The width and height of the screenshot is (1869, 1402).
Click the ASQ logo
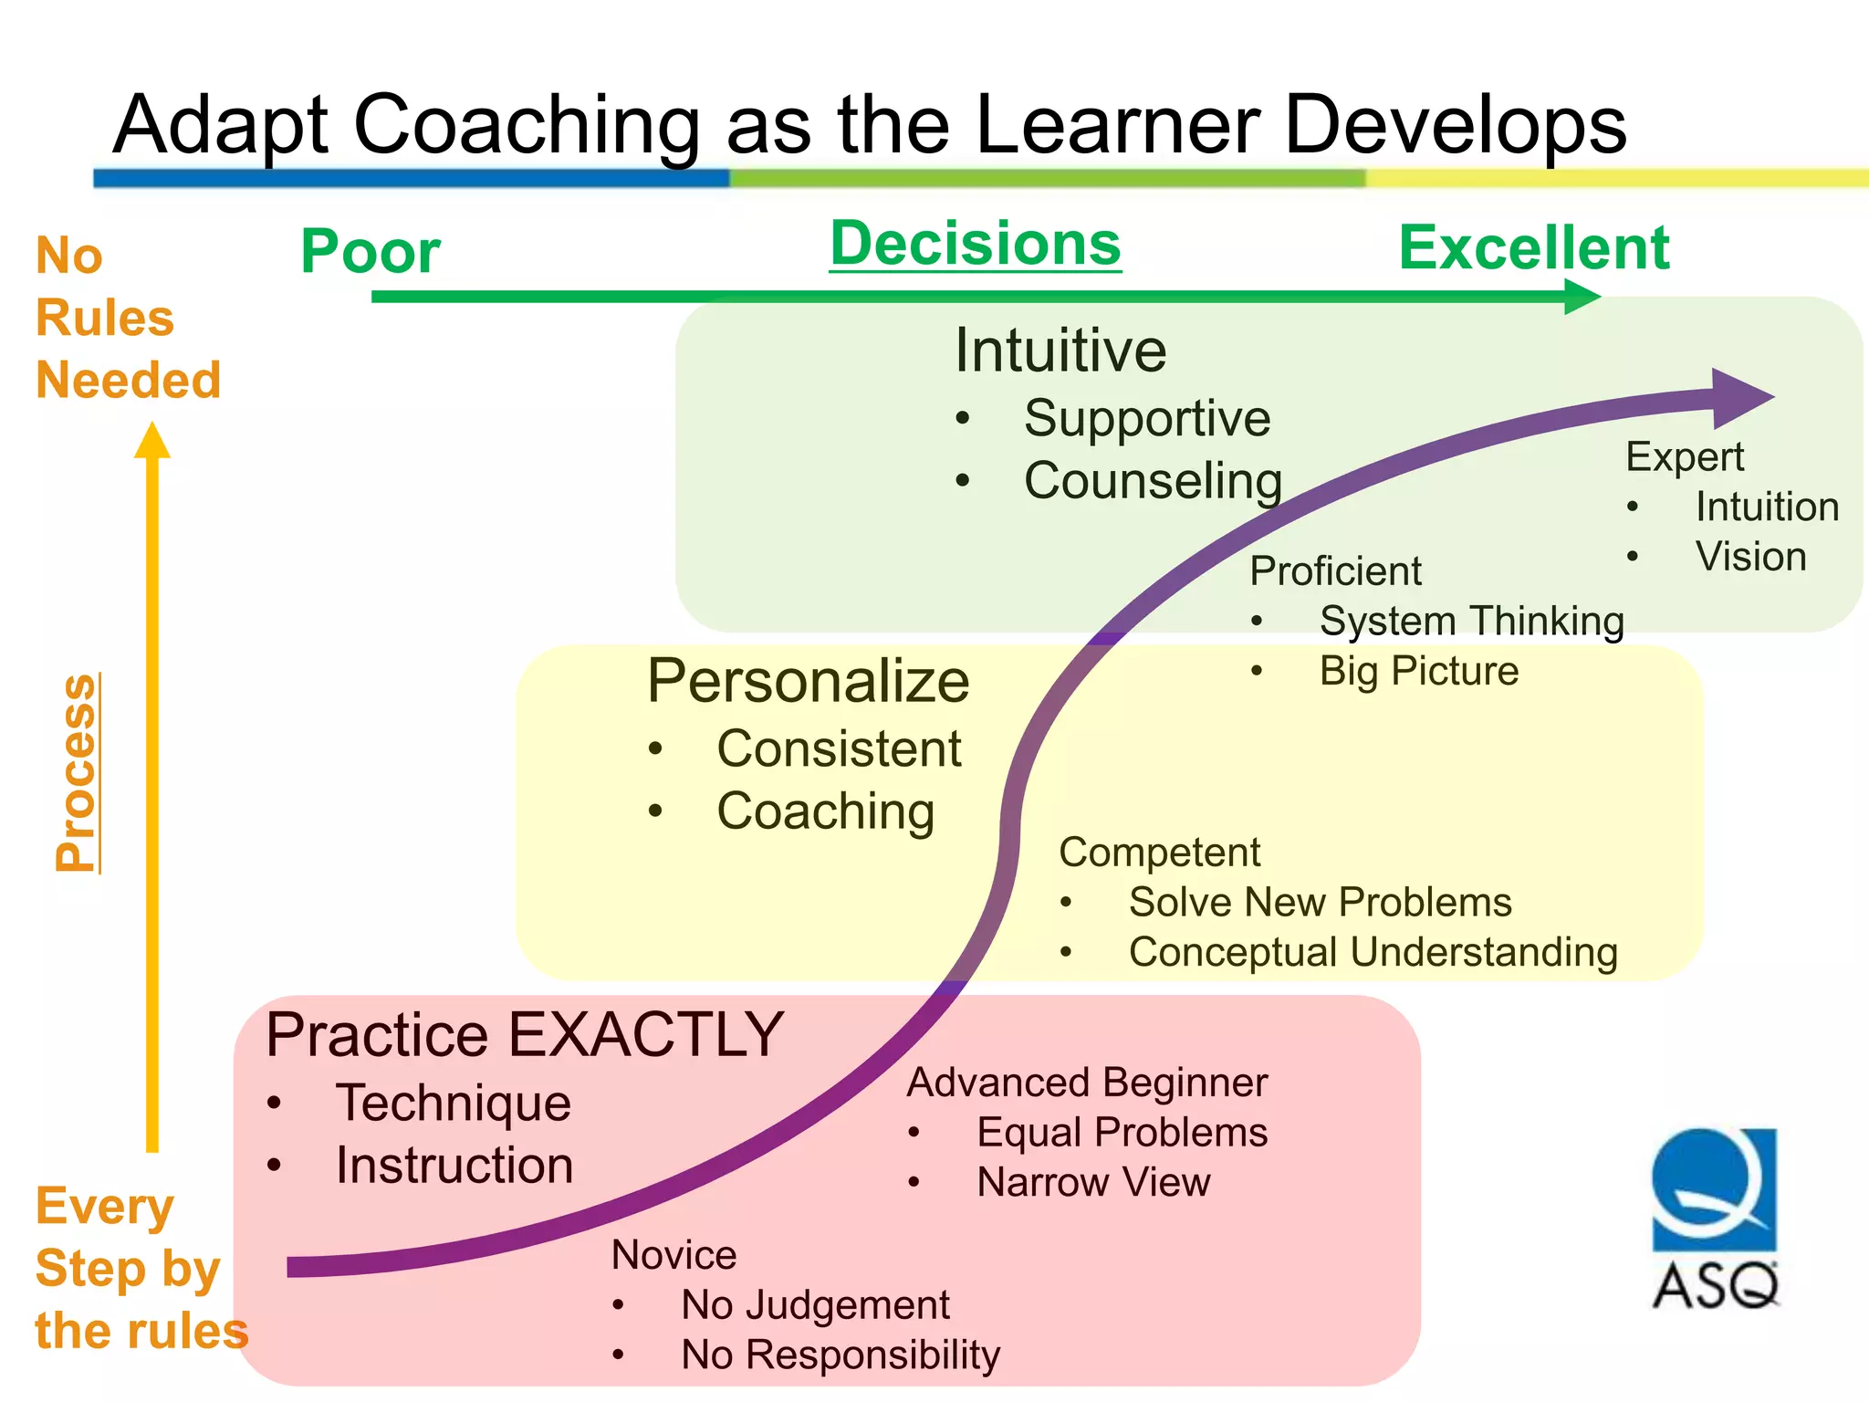tap(1714, 1219)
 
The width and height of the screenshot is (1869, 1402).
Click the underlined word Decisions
tap(975, 245)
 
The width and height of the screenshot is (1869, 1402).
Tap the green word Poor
tap(371, 252)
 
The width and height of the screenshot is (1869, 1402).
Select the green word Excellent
tap(1534, 248)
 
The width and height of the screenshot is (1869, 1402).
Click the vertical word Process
tap(78, 772)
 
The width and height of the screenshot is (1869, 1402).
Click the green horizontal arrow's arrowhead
tap(1581, 297)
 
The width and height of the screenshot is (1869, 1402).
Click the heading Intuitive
tap(1060, 350)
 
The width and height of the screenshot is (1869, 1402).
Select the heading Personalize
tap(808, 681)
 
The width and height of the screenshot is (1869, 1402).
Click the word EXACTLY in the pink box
tap(645, 1035)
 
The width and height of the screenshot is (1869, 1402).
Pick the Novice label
tap(673, 1255)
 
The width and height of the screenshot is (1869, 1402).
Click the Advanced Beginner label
tap(1087, 1083)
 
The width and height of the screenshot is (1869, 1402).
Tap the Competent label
tap(1159, 853)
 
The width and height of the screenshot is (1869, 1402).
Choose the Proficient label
tap(1335, 571)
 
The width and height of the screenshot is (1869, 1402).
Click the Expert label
tap(1684, 457)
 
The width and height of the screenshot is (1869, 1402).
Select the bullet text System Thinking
tap(1471, 622)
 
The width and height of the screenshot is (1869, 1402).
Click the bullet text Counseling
tap(1153, 481)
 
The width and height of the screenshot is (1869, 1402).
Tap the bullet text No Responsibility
tap(840, 1355)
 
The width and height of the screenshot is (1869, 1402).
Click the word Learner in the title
tap(1119, 125)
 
